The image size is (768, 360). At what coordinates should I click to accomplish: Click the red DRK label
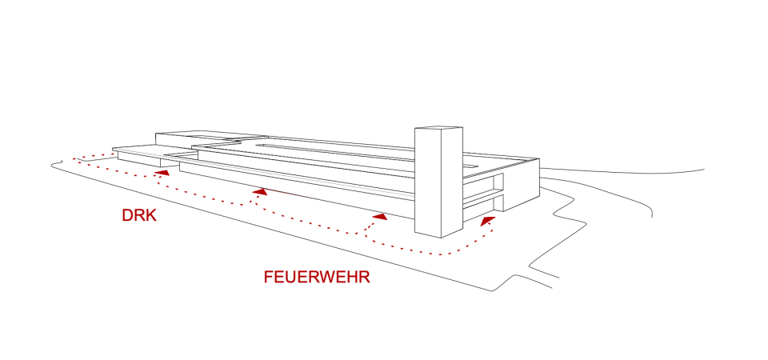[138, 216]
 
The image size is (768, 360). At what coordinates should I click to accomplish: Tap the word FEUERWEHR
[317, 278]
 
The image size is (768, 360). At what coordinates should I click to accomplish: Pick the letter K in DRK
[150, 216]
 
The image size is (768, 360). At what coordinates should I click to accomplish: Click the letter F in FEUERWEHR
[268, 278]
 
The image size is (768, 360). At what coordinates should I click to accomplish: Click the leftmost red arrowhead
[162, 171]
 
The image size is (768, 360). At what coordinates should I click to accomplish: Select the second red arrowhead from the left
[259, 192]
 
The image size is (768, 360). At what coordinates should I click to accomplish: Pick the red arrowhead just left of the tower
[381, 216]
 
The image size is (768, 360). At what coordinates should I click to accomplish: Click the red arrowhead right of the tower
[487, 218]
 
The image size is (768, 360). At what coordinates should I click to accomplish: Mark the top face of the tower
[438, 128]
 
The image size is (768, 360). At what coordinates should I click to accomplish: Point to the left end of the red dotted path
[74, 159]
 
